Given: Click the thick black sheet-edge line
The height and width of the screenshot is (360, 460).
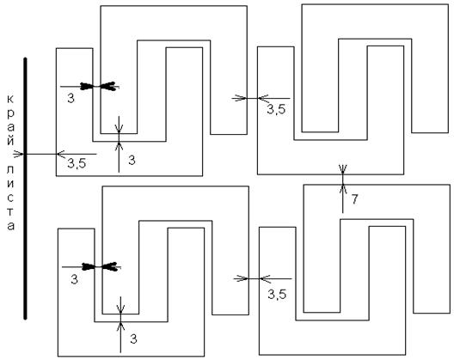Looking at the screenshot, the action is [25, 188].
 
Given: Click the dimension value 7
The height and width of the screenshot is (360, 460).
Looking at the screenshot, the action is [354, 199].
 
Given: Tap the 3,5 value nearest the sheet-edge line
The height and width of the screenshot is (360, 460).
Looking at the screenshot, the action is [77, 163].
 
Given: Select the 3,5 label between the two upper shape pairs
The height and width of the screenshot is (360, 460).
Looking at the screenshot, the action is [276, 109].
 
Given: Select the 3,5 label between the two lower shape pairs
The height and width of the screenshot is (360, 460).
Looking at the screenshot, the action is [277, 294].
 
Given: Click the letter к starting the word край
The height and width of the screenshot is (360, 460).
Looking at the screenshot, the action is [10, 99].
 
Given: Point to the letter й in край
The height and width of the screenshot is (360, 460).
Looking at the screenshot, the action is [10, 140].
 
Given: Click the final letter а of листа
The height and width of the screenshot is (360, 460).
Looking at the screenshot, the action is [11, 226].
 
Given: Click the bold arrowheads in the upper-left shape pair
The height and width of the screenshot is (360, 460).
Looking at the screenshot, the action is [100, 87].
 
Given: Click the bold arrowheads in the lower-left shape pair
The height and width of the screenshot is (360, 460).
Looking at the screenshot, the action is [101, 266].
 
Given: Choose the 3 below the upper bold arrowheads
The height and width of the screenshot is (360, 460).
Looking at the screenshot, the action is [71, 99].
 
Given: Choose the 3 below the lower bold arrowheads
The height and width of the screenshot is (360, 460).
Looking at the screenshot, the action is [74, 279].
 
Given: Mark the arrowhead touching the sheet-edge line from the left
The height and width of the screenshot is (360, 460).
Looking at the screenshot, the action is [19, 154].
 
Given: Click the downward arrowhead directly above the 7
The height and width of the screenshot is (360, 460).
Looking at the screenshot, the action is [343, 168].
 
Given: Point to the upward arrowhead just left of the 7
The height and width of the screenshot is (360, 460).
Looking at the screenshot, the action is [343, 189].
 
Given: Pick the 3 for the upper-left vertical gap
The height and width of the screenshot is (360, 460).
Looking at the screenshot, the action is [132, 160].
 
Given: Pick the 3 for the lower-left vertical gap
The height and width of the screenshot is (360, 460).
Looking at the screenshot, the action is [133, 339].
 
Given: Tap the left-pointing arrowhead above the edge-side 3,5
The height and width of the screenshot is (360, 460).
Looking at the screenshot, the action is [62, 154].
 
